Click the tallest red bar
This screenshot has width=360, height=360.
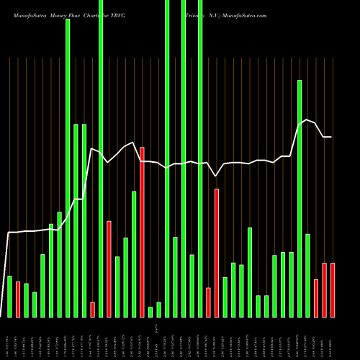coord(143,232)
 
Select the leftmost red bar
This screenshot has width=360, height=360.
coord(18,299)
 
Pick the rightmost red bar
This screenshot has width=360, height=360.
coord(333,289)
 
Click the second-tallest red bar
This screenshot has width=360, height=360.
coord(217,252)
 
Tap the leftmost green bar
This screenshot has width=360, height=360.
coord(9,296)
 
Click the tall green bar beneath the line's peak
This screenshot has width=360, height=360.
coord(300,198)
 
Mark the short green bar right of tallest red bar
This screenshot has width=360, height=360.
coord(150,312)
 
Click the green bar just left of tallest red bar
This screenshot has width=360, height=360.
coord(134,253)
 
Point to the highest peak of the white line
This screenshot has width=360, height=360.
coord(307,120)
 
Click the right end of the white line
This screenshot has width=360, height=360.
coord(331,137)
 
